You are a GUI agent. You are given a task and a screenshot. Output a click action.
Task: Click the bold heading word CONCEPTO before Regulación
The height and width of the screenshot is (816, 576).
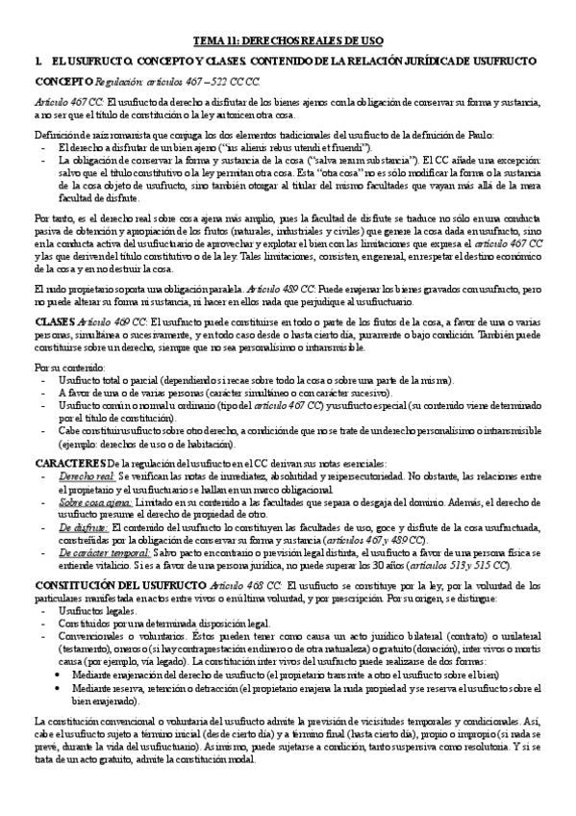63,83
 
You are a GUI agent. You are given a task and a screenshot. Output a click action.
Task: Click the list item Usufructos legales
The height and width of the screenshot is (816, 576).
97,613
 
